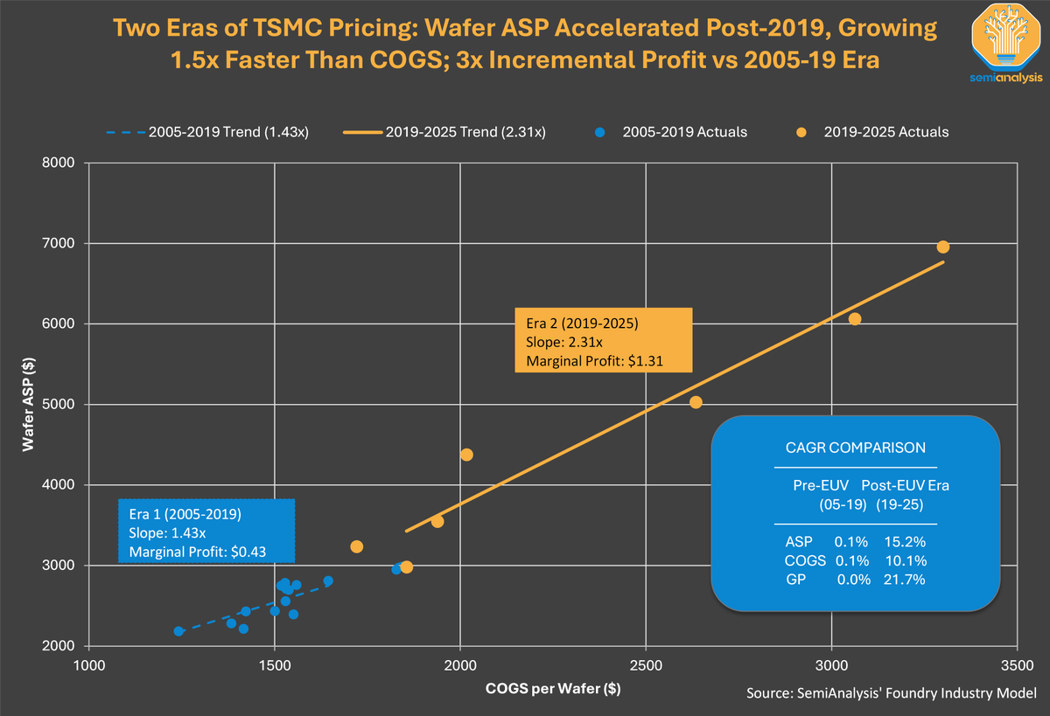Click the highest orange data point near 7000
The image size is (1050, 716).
[942, 247]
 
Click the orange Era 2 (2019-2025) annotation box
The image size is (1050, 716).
[603, 339]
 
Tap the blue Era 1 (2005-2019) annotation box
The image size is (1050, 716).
[206, 532]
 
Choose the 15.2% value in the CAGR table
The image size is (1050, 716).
[906, 542]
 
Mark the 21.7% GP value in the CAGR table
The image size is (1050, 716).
[906, 579]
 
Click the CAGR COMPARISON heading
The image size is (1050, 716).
[856, 448]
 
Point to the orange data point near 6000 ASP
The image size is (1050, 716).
[855, 319]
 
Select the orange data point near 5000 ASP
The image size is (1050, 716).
[696, 402]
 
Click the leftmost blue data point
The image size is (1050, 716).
[178, 631]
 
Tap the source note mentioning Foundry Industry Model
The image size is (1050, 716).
[891, 693]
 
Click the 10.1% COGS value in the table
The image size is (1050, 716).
[906, 560]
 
